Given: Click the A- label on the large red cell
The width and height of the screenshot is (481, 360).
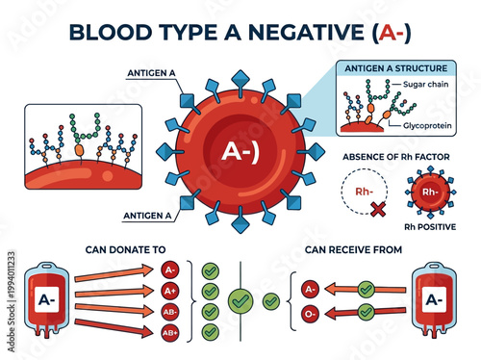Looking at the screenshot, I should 238,151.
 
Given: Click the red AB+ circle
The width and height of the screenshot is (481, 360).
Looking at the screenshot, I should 170,332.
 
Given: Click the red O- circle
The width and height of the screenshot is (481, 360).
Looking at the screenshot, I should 310,311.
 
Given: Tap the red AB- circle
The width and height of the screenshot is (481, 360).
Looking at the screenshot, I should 170,312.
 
